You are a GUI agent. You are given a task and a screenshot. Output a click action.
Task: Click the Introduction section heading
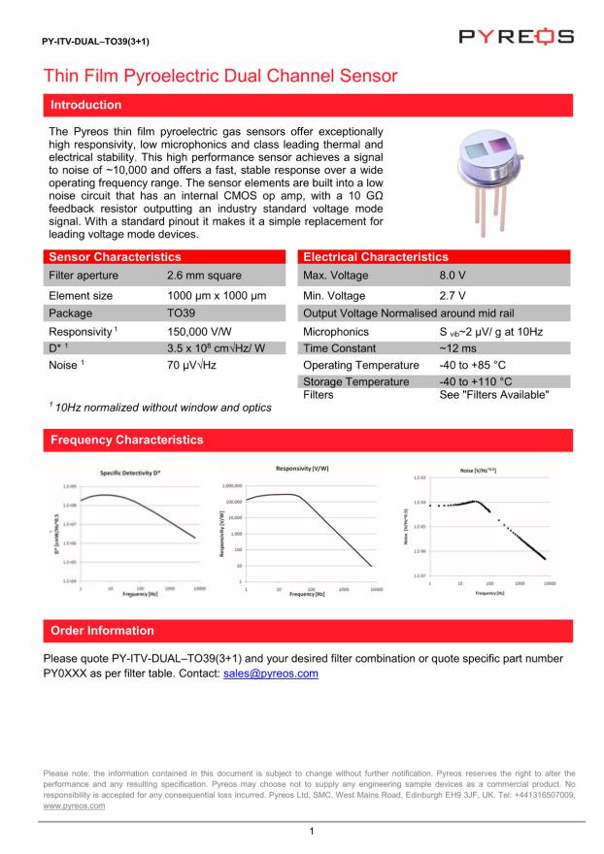pyautogui.click(x=85, y=105)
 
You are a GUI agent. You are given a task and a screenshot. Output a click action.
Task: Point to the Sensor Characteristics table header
pyautogui.click(x=115, y=258)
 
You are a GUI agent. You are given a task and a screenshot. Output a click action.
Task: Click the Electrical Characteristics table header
pyautogui.click(x=376, y=258)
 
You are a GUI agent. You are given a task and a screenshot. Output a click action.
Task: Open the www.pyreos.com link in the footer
pyautogui.click(x=75, y=806)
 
